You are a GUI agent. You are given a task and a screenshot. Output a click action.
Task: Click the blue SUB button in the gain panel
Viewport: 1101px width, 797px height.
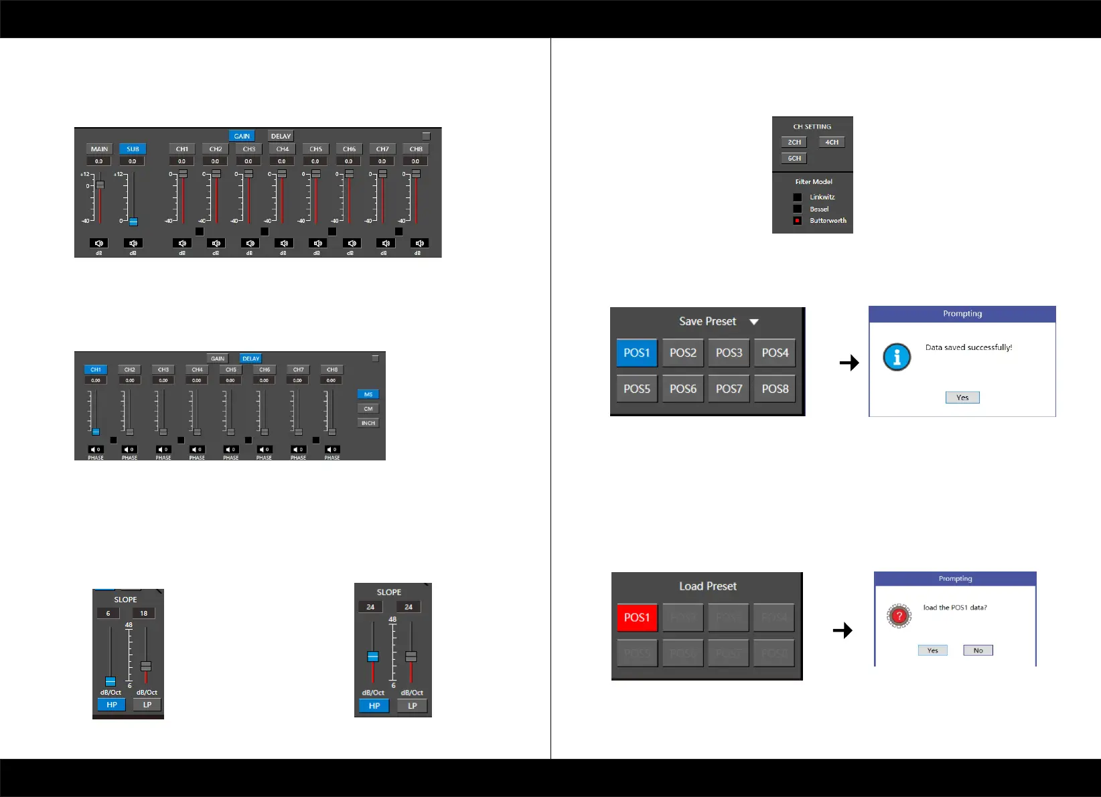pos(133,149)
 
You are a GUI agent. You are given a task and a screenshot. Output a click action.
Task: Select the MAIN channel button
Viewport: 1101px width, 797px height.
pos(99,149)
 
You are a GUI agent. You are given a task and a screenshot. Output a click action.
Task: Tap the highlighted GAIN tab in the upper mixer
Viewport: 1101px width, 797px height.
pos(242,136)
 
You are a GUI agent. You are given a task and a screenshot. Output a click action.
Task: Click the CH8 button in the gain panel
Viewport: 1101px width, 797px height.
pos(416,149)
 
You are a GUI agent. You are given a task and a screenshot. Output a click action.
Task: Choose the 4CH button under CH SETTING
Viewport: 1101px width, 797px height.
pos(831,142)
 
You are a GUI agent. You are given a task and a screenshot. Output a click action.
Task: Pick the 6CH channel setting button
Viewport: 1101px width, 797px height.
pos(794,158)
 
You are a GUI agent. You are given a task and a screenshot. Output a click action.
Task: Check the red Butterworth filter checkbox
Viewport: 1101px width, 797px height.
pos(797,221)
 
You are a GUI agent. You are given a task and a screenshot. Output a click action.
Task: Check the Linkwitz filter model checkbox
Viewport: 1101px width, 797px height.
pos(797,197)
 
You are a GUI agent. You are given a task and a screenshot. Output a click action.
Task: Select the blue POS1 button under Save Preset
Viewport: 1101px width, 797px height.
pos(637,353)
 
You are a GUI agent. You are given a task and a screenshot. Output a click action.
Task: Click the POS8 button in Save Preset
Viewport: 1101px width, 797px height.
pos(775,389)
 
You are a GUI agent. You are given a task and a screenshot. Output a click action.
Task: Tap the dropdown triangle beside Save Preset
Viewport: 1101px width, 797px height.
pos(754,322)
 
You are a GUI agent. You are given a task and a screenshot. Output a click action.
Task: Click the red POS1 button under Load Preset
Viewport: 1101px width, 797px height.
pos(637,618)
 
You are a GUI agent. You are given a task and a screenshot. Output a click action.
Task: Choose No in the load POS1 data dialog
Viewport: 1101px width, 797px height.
pos(978,650)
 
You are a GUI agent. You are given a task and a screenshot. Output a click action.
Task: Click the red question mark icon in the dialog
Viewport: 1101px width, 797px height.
pos(899,616)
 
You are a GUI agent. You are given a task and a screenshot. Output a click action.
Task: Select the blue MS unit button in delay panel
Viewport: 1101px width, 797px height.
pos(368,394)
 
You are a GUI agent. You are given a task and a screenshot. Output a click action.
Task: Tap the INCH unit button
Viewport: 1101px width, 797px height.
pos(368,423)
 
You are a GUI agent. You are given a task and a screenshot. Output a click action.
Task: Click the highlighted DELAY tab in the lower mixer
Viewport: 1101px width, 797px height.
pos(250,359)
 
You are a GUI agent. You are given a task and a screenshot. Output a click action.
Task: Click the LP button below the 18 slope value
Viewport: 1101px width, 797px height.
pos(147,705)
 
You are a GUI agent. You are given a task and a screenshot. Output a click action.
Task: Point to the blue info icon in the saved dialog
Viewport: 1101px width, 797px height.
pos(897,357)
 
